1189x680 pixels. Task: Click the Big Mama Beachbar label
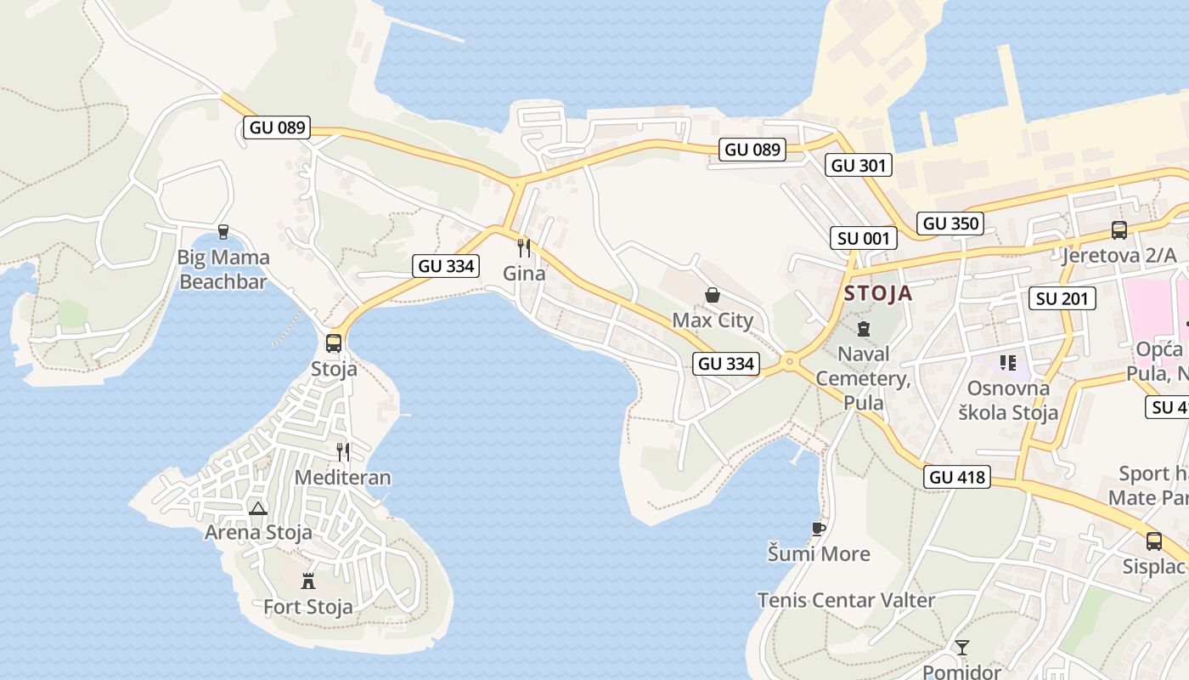(x=223, y=269)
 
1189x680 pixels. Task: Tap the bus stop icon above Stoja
(x=334, y=343)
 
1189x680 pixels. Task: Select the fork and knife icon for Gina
(x=524, y=248)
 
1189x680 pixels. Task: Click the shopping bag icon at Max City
(x=713, y=295)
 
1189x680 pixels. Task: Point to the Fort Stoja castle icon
(x=308, y=581)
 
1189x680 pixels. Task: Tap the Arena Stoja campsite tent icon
(x=258, y=508)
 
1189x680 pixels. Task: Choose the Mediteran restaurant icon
(x=343, y=451)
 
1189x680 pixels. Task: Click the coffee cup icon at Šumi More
(x=818, y=529)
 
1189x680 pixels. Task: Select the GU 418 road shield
(x=958, y=477)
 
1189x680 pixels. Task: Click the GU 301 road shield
(x=859, y=165)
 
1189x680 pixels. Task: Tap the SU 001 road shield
(x=863, y=238)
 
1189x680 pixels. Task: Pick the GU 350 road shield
(x=951, y=224)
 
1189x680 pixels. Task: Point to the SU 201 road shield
(x=1062, y=298)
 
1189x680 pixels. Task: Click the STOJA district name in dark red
(x=878, y=294)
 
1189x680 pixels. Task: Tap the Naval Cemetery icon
(x=864, y=329)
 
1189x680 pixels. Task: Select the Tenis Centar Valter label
(x=846, y=600)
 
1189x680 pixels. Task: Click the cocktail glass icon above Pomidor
(x=961, y=648)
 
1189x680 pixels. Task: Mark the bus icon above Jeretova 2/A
(x=1119, y=229)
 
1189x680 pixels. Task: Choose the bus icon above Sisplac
(x=1153, y=541)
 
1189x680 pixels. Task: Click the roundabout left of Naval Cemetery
(x=790, y=362)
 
